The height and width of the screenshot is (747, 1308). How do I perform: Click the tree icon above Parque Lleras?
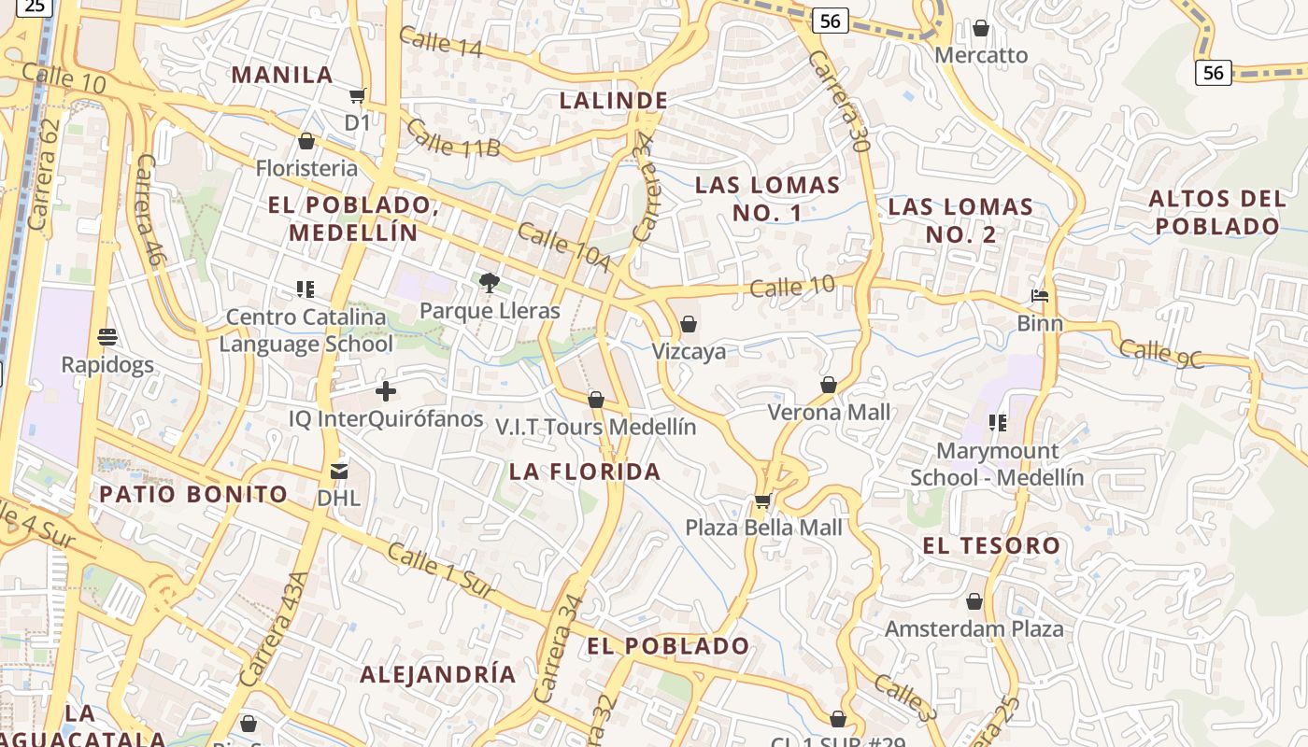(489, 282)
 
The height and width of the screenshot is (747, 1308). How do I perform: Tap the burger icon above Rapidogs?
(107, 336)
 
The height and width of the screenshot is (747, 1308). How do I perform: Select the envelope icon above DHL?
(338, 472)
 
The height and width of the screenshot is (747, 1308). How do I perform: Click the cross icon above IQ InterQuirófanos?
(385, 391)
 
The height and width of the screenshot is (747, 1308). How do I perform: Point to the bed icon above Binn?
(1040, 297)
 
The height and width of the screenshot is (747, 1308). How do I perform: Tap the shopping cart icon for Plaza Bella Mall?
(762, 501)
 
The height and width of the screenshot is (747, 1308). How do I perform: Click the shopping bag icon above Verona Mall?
(828, 385)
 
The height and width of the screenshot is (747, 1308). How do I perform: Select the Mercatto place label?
(981, 55)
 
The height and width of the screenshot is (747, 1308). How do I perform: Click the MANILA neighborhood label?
(282, 75)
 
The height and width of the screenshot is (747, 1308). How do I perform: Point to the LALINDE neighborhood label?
(613, 101)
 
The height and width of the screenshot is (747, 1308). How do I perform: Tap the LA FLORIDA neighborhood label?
(585, 472)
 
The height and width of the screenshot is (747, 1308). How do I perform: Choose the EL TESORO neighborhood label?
(991, 545)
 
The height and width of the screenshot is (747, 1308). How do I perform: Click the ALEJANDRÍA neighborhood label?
(437, 674)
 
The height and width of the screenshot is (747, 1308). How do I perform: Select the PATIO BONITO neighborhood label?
(193, 494)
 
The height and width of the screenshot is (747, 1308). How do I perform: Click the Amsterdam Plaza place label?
(974, 628)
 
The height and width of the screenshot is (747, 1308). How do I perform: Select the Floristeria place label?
(306, 168)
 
